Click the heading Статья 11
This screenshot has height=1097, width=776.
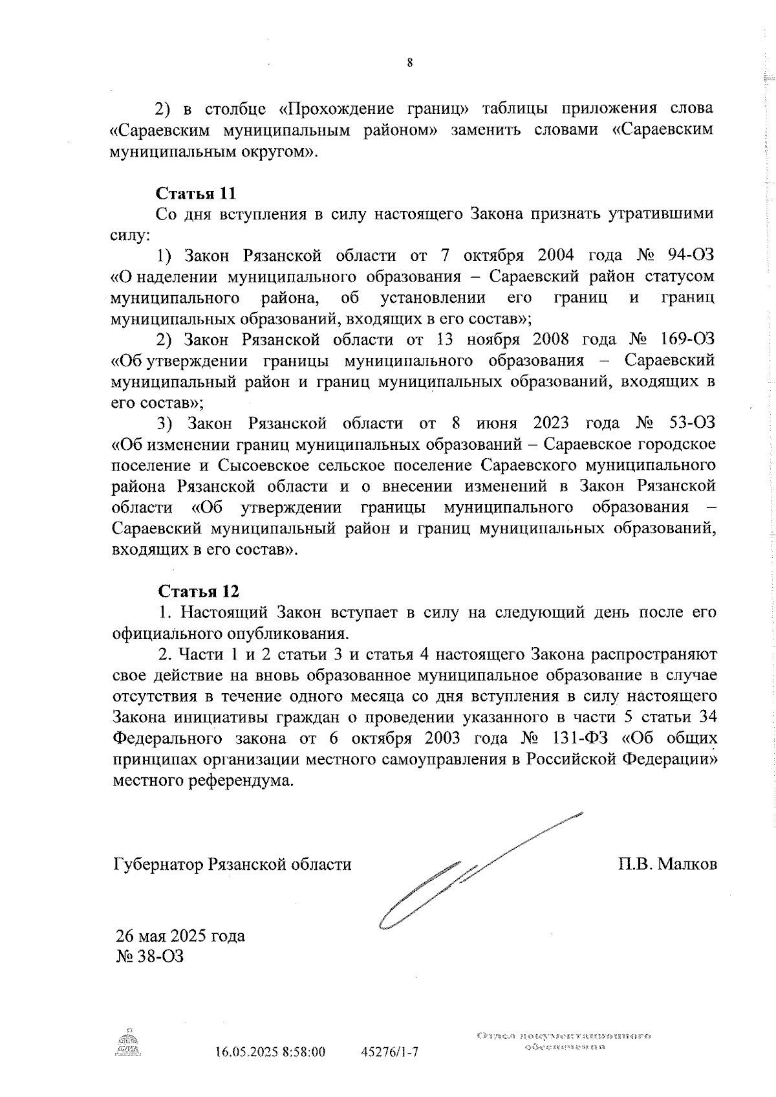pyautogui.click(x=196, y=194)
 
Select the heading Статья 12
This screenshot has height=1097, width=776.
pyautogui.click(x=199, y=592)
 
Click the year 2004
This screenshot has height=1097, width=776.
pyautogui.click(x=555, y=255)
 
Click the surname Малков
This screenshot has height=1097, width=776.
pyautogui.click(x=687, y=864)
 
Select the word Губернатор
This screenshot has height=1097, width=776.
pyautogui.click(x=157, y=865)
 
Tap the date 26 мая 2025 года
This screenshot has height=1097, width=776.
pyautogui.click(x=180, y=936)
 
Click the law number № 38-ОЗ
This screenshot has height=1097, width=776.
pyautogui.click(x=149, y=956)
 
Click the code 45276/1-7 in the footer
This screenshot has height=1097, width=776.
pyautogui.click(x=389, y=1052)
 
